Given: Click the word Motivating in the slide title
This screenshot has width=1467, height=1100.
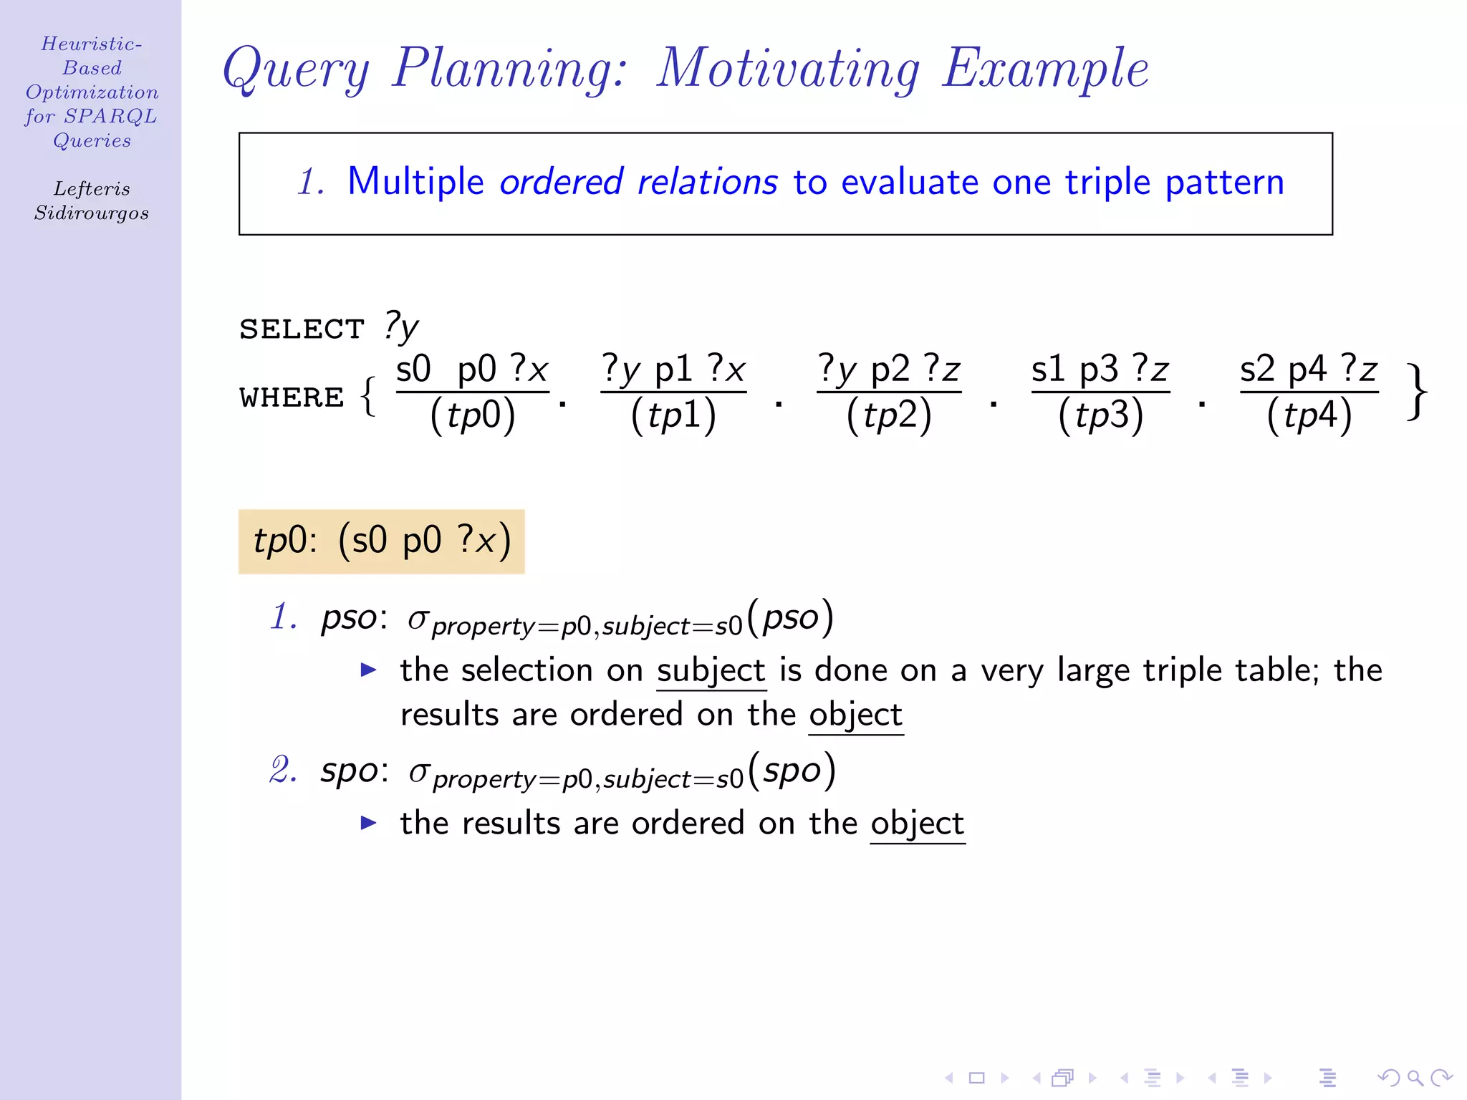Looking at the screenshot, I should click(x=788, y=69).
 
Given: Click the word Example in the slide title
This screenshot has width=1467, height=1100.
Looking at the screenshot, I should click(x=1045, y=69).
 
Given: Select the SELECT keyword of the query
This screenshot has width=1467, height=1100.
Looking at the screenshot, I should click(x=302, y=329).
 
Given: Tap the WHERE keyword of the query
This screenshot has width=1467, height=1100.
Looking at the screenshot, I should click(x=292, y=397).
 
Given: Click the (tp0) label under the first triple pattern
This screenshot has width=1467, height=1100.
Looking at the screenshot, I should click(x=472, y=415).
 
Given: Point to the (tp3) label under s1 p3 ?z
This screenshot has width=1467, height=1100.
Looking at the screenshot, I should click(x=1100, y=415).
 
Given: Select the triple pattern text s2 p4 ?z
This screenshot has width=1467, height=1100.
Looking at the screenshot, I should click(x=1309, y=370).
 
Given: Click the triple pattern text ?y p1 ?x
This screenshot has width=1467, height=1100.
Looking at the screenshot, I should click(x=673, y=370).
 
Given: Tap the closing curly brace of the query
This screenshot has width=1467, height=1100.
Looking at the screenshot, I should click(x=1416, y=392).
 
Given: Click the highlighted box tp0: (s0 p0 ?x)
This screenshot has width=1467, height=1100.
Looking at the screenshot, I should click(x=381, y=541).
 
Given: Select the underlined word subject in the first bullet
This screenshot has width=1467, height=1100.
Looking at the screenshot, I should click(x=711, y=671).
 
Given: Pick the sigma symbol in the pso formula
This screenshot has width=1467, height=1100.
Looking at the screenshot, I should click(x=418, y=619).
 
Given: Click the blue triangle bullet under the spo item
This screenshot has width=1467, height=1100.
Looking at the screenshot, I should click(x=368, y=823).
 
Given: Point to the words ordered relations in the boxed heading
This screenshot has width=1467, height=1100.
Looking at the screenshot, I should click(x=638, y=182).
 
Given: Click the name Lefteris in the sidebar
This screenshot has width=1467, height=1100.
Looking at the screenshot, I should click(x=92, y=189).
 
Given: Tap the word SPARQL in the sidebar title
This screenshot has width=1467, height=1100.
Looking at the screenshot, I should click(x=110, y=116).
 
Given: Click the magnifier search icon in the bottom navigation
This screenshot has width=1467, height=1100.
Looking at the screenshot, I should click(x=1415, y=1078).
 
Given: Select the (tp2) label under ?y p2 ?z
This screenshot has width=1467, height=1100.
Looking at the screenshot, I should click(x=888, y=415).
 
